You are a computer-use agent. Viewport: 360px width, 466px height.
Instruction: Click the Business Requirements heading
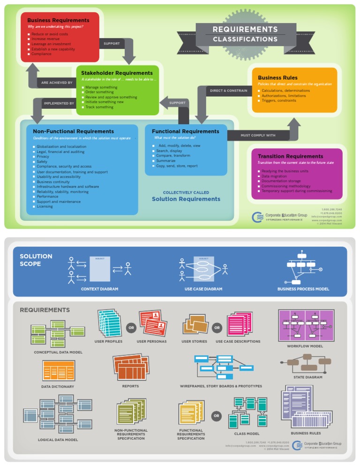[x=58, y=20]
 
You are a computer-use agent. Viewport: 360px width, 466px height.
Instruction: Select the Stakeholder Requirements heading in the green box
[x=117, y=73]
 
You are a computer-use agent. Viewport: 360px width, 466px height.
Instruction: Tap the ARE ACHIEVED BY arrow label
[x=57, y=83]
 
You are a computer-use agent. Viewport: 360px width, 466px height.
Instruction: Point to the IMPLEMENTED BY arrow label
[x=59, y=103]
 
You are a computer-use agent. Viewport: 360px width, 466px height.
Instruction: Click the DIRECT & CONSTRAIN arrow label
[x=228, y=90]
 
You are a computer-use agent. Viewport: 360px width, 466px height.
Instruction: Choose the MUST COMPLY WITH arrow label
[x=258, y=135]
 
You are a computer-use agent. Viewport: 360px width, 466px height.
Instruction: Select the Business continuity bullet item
[x=53, y=182]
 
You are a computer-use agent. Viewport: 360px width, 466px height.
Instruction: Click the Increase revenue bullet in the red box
[x=45, y=39]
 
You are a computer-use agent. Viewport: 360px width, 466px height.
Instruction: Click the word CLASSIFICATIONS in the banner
[x=245, y=39]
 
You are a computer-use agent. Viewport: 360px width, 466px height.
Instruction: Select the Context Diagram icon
[x=99, y=269]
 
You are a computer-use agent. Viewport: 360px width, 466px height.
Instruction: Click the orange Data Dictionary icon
[x=59, y=370]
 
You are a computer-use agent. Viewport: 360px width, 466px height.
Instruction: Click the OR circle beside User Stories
[x=217, y=328]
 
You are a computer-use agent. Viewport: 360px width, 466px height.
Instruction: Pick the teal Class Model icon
[x=247, y=412]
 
